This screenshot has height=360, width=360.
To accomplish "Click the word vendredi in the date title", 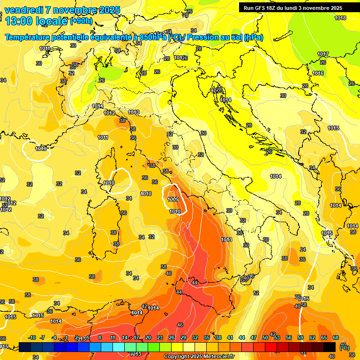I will [22, 10].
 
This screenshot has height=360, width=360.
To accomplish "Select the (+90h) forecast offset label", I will [82, 21].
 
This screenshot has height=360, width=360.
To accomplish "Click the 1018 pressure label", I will [340, 18].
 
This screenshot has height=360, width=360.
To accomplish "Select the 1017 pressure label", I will [322, 54].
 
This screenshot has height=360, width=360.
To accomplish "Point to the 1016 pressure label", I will [318, 74].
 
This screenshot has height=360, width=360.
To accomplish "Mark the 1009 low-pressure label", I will [173, 199].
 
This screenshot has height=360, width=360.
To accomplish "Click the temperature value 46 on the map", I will [180, 325].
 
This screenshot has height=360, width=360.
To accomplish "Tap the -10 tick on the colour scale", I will [32, 337].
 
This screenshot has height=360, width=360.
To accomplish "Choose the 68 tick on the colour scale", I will [336, 337].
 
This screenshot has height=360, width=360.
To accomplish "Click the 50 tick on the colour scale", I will [265, 337].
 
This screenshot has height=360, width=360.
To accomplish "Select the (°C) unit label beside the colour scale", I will [344, 347].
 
